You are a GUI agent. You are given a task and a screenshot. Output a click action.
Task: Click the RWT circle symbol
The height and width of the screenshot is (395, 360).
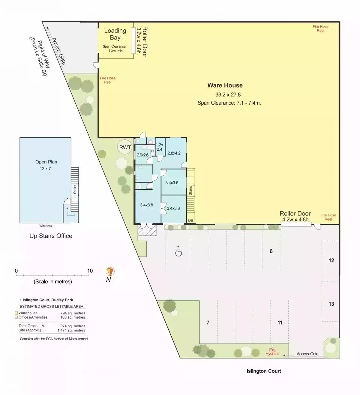124,147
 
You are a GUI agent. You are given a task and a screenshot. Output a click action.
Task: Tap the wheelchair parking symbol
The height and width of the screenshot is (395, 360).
178,251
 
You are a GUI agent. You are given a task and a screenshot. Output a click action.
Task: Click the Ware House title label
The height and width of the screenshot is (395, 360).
225,85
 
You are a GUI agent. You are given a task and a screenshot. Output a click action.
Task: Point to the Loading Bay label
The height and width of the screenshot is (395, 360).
115,34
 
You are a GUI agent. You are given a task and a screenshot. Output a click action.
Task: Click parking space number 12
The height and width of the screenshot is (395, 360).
331,260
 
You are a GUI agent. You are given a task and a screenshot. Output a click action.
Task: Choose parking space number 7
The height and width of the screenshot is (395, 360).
208,322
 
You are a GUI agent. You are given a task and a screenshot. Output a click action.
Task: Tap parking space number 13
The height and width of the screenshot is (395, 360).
331,304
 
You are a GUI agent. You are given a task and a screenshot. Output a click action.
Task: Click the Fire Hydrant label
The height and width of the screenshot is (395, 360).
272,352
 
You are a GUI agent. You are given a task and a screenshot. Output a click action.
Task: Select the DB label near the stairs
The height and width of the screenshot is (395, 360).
190,220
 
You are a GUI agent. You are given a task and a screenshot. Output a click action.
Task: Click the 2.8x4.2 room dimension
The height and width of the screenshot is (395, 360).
174,153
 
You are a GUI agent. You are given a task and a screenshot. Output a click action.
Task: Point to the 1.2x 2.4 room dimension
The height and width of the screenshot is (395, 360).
159,147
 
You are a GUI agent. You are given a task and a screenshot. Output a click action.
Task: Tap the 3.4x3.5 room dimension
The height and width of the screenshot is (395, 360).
172,183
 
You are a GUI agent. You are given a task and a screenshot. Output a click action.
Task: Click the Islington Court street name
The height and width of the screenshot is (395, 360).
264,371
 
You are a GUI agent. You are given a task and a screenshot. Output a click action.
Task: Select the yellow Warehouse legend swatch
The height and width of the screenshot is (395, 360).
16,313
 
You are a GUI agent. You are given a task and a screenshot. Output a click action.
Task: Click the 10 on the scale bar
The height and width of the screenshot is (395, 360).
90,271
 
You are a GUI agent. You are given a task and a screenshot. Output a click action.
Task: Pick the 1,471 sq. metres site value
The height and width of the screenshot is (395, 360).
71,330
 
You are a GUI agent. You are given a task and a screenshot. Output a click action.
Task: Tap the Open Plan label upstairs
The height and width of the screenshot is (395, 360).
46,162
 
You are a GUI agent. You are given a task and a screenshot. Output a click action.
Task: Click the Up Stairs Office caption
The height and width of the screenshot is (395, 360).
51,236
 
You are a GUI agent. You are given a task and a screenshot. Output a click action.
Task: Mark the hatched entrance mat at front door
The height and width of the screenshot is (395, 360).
147,230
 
